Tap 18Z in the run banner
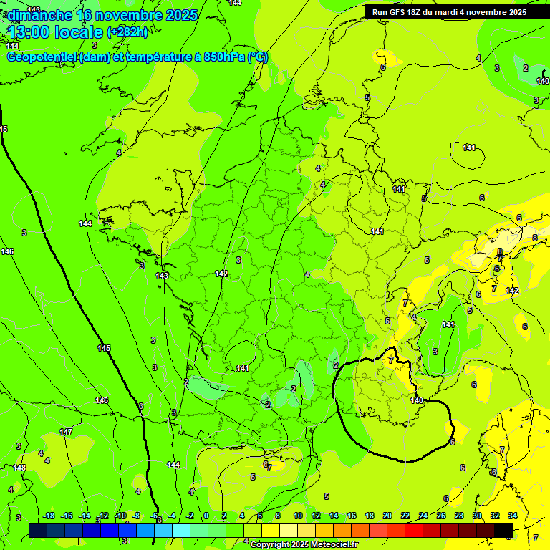(x=418, y=12)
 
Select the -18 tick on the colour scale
(x=49, y=516)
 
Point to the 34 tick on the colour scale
(x=513, y=516)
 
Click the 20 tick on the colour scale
(x=387, y=516)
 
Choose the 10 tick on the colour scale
(x=298, y=516)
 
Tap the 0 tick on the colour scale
(x=206, y=516)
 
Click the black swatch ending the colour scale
(x=504, y=530)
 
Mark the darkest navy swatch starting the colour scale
(x=38, y=530)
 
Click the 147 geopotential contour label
(x=66, y=432)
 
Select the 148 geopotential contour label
(x=19, y=468)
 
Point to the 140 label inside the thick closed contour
(x=417, y=400)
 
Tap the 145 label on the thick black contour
(x=104, y=348)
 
